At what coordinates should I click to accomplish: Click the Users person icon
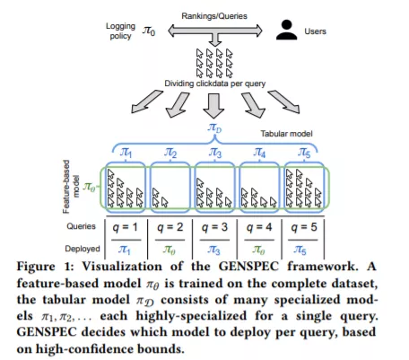click(286, 30)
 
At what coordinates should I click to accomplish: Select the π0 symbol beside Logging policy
click(149, 31)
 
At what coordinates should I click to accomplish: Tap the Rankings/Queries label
click(214, 16)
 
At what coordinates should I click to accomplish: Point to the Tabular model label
click(286, 134)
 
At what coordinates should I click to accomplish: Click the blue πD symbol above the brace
click(214, 127)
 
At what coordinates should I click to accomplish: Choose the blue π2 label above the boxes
click(170, 153)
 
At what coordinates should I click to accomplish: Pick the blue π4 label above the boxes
click(259, 153)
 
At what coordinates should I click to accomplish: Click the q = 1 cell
click(125, 227)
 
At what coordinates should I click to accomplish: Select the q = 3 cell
click(214, 227)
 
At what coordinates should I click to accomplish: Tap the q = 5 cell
click(304, 227)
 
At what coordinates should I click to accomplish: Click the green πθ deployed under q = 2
click(170, 250)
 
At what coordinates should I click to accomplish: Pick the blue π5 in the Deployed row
click(300, 250)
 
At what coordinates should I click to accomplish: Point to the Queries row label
click(81, 226)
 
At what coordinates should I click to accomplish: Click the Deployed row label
click(83, 249)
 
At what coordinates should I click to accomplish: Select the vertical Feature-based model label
click(71, 187)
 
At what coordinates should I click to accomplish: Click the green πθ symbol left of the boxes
click(89, 187)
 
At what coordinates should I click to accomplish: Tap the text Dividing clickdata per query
click(214, 83)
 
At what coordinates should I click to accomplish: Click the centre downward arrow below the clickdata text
click(213, 106)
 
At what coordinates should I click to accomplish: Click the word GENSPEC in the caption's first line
click(248, 267)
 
